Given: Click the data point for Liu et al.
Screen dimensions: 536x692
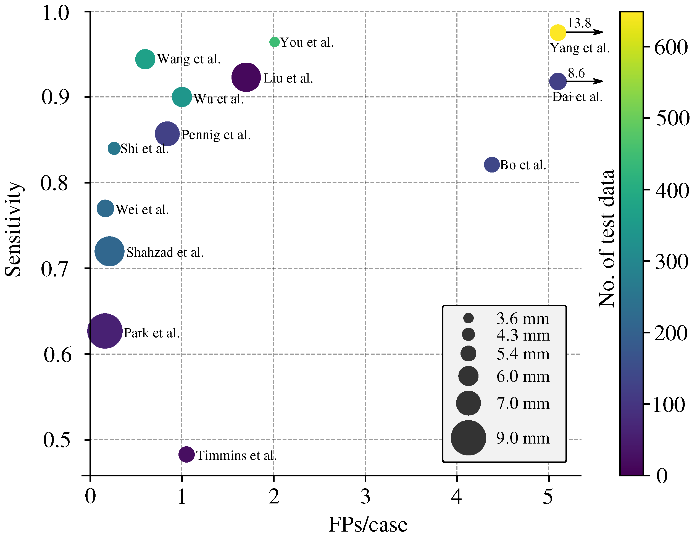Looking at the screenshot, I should click(246, 77).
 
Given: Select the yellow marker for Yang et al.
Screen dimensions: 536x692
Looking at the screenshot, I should click(558, 32).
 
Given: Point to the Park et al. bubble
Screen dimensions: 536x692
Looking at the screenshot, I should click(105, 331).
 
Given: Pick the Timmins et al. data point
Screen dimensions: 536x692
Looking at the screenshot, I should click(186, 454).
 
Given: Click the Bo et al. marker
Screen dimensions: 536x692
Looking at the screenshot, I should click(492, 164).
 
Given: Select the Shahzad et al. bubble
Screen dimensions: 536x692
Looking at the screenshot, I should click(109, 251).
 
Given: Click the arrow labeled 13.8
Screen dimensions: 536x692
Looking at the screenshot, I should click(585, 32).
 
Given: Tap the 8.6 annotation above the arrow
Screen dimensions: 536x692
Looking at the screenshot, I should click(576, 73).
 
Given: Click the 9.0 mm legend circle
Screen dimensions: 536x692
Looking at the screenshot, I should click(468, 438).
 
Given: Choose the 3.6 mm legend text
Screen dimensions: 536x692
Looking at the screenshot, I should click(523, 319).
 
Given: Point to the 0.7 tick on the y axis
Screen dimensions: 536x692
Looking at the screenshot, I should click(54, 269).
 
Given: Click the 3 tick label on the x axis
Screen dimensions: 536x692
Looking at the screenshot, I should click(365, 497).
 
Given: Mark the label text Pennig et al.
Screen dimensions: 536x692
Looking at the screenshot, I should click(216, 135).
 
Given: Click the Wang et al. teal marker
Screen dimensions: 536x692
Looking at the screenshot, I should click(145, 59).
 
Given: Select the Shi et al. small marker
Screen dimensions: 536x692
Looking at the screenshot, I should click(114, 148).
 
